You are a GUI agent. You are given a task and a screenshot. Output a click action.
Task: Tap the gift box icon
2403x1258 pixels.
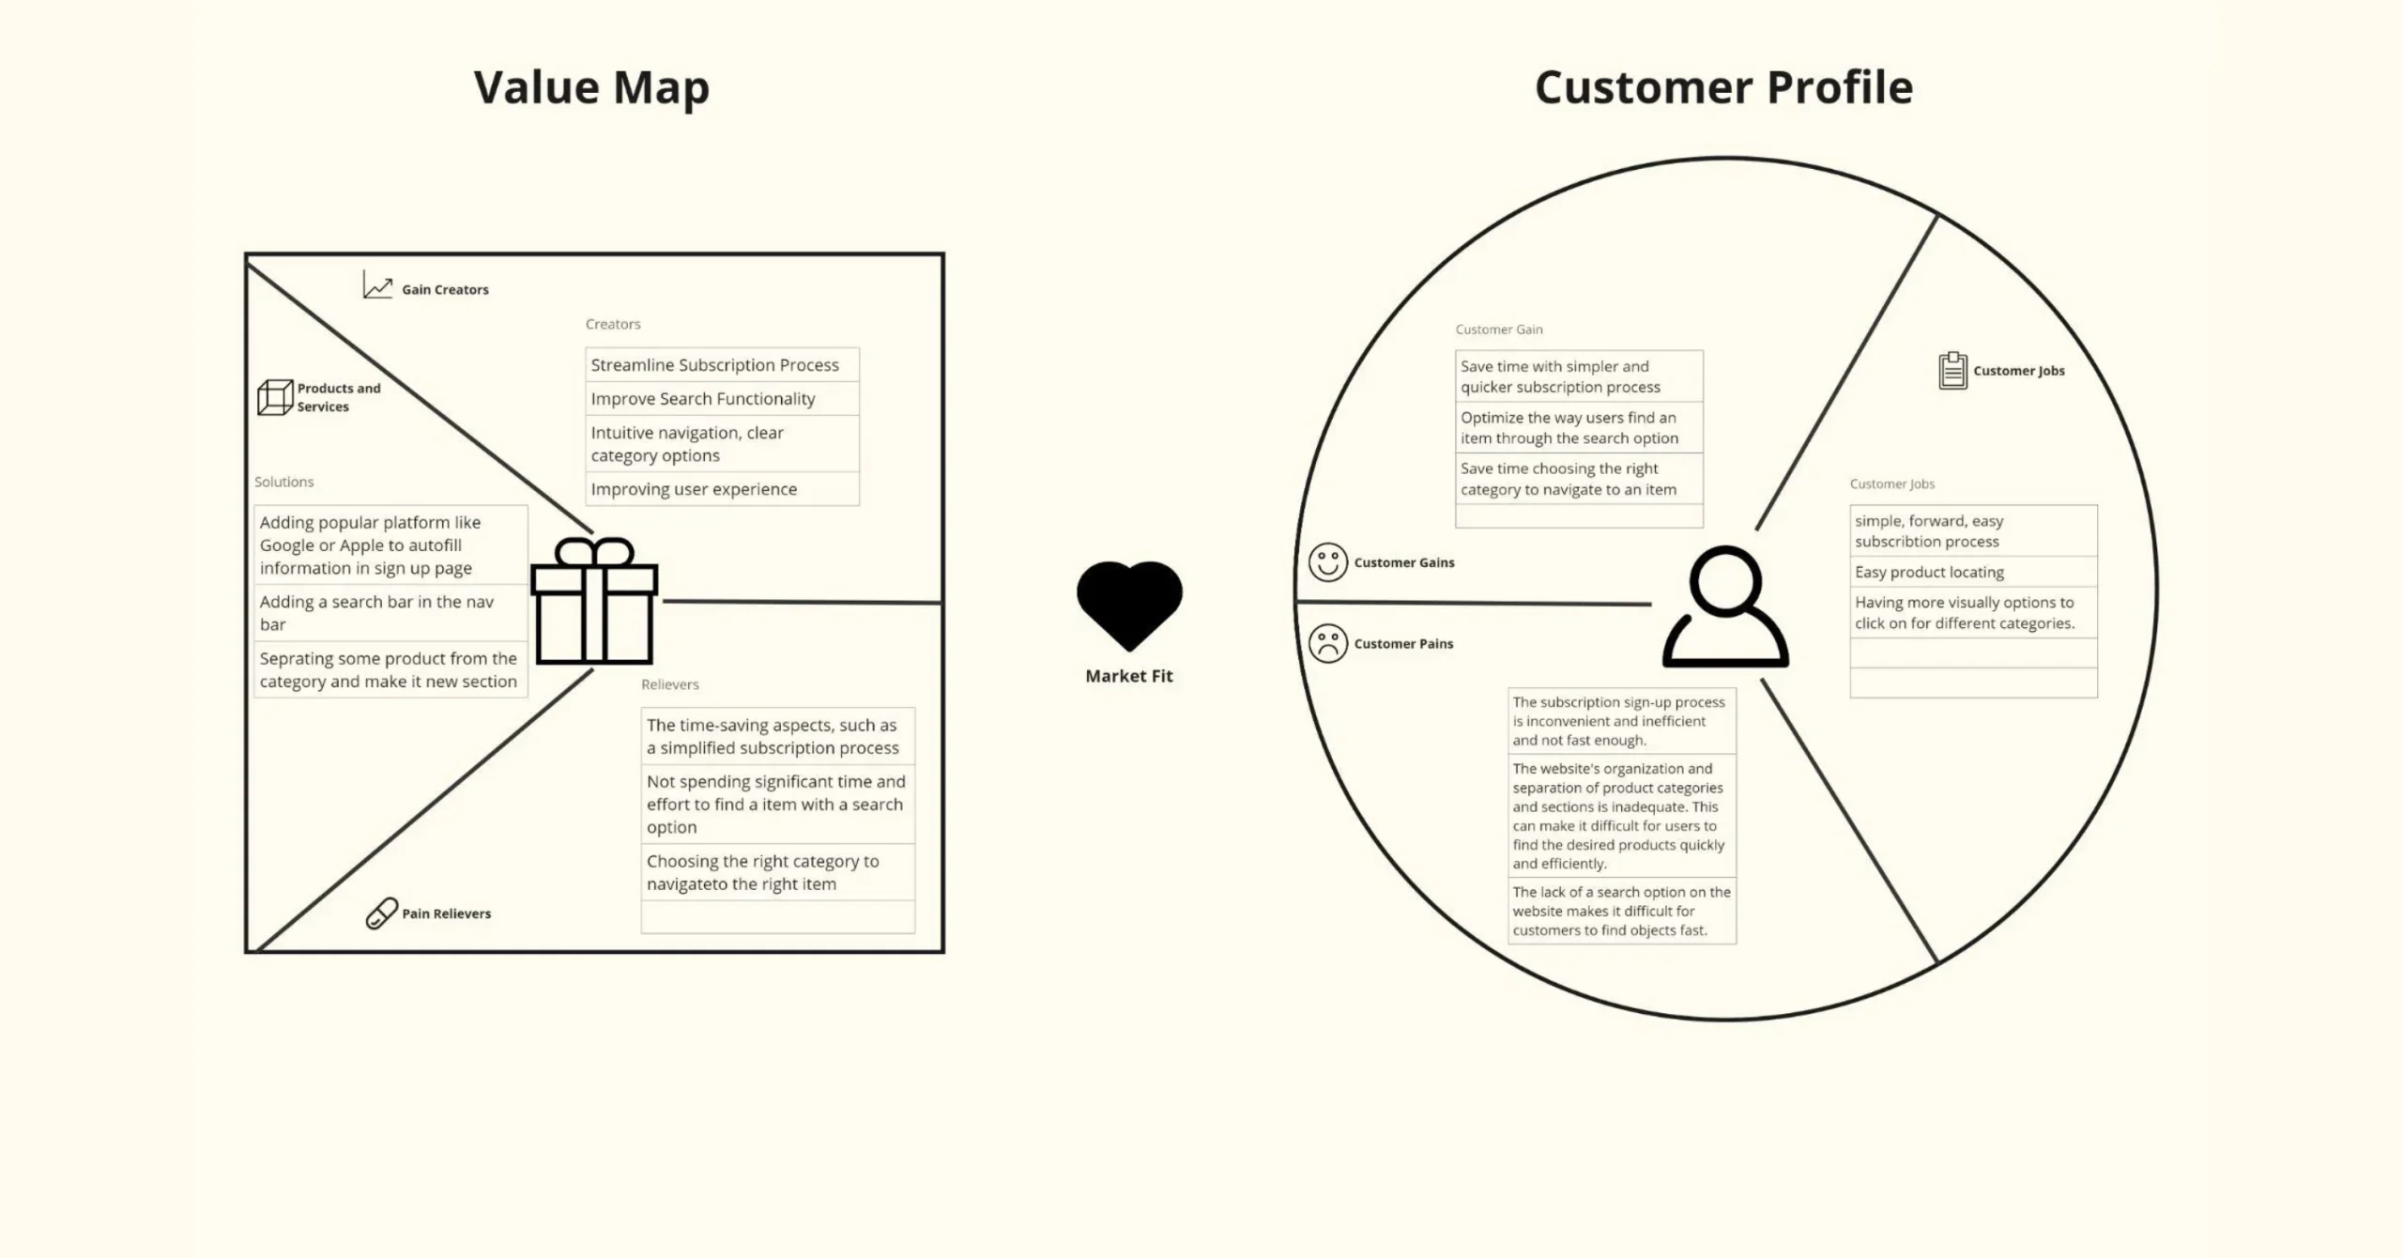(x=594, y=602)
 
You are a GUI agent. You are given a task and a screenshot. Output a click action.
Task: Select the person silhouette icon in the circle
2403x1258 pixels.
(x=1725, y=607)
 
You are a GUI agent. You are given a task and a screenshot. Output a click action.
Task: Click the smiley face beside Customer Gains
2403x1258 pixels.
(x=1327, y=562)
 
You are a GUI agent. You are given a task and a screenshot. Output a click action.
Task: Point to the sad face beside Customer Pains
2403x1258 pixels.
(x=1327, y=644)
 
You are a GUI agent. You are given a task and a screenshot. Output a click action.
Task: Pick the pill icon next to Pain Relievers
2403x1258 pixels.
(x=381, y=913)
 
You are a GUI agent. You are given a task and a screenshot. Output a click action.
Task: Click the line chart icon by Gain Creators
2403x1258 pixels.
(x=377, y=285)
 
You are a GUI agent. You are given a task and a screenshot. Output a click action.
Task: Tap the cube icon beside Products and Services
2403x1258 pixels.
(x=275, y=397)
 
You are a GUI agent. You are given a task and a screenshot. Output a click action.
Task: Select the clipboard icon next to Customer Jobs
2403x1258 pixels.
(x=1952, y=371)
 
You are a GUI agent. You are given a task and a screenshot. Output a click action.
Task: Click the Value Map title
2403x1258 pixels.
(x=591, y=87)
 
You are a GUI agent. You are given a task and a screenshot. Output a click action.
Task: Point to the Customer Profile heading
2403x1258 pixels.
(x=1723, y=87)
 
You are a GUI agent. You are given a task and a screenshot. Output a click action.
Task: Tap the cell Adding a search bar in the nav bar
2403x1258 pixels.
(x=390, y=613)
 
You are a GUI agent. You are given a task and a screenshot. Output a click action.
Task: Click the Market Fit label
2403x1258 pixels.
(x=1129, y=676)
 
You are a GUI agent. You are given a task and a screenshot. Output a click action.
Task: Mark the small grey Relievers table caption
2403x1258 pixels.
(x=670, y=684)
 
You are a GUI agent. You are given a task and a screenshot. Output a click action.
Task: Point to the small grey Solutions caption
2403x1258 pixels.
(x=284, y=482)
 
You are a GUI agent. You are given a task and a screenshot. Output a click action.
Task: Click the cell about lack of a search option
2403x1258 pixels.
(x=1621, y=911)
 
